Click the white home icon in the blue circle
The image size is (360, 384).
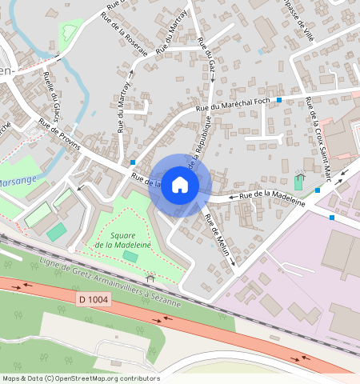pyautogui.click(x=180, y=185)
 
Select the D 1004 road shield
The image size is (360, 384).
pyautogui.click(x=94, y=299)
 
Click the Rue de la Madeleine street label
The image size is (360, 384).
pyautogui.click(x=273, y=194)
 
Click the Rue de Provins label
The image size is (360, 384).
pyautogui.click(x=57, y=133)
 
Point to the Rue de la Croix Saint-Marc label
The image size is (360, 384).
pyautogui.click(x=318, y=127)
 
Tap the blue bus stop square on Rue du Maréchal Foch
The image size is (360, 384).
pyautogui.click(x=279, y=100)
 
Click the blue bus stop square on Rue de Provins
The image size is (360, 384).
pyautogui.click(x=132, y=162)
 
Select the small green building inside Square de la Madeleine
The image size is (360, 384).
pyautogui.click(x=130, y=256)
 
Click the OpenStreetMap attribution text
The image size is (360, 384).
pyautogui.click(x=80, y=378)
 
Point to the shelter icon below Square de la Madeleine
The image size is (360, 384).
pyautogui.click(x=150, y=279)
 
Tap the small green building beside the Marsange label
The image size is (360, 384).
pyautogui.click(x=56, y=232)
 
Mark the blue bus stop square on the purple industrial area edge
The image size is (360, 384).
pyautogui.click(x=332, y=217)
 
